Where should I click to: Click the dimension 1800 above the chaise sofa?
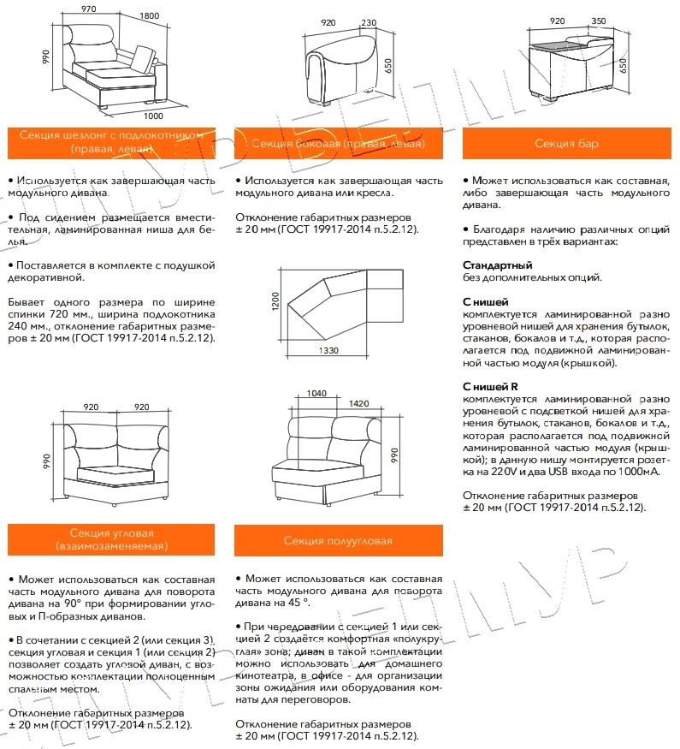click(150, 16)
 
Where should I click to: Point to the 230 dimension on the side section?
click(370, 23)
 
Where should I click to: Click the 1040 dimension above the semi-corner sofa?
click(316, 393)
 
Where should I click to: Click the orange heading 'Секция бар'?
click(566, 144)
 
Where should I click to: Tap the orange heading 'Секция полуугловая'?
click(338, 541)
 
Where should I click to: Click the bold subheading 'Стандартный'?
click(497, 265)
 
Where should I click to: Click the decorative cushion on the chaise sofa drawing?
click(142, 60)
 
